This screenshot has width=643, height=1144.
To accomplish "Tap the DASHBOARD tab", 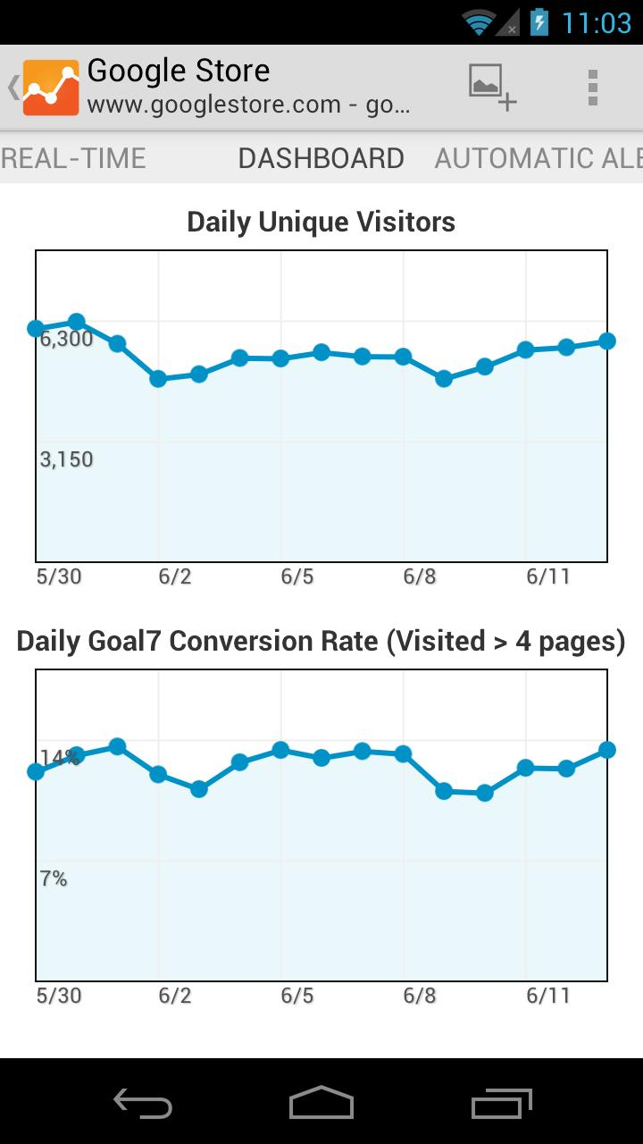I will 321,158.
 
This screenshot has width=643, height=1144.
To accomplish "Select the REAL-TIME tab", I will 73,158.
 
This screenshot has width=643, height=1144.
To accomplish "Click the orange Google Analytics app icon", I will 51,88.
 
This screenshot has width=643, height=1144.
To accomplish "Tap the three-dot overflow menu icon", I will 592,88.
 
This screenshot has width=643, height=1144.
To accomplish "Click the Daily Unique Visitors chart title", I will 321,222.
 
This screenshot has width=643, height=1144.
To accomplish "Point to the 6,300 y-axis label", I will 66,339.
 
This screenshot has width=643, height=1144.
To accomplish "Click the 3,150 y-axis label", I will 66,459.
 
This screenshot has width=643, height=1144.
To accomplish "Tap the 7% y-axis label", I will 54,879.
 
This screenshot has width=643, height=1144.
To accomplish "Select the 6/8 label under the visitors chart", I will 420,576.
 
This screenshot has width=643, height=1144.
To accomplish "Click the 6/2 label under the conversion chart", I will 175,996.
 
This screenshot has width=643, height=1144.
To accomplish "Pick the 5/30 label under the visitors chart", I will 59,576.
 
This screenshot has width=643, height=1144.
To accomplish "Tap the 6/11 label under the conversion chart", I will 547,996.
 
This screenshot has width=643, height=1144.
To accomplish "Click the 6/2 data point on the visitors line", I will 158,379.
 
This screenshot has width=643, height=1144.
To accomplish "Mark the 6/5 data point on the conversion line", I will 280,750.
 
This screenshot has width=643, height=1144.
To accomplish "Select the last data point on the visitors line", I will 607,341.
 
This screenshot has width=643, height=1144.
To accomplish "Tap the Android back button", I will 143,1103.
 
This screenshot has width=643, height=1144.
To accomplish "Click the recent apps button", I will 501,1103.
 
